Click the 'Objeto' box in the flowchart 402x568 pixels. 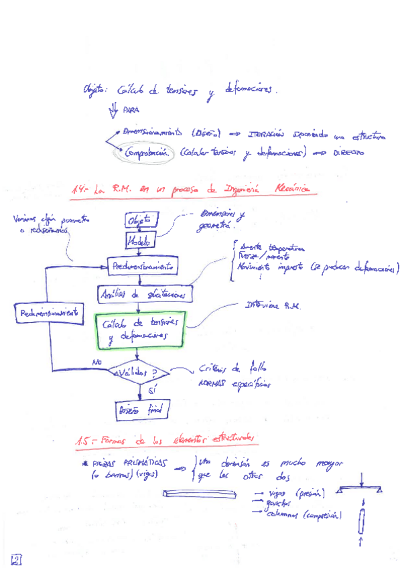[140, 220]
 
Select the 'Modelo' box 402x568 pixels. [140, 239]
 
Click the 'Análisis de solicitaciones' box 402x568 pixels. [145, 293]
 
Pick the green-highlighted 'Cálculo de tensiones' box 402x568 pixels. [139, 331]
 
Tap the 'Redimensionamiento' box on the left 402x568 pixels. [49, 313]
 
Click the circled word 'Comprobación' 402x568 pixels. [149, 153]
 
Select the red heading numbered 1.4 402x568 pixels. [191, 191]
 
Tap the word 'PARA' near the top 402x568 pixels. [130, 111]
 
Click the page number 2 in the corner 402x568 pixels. [16, 559]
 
